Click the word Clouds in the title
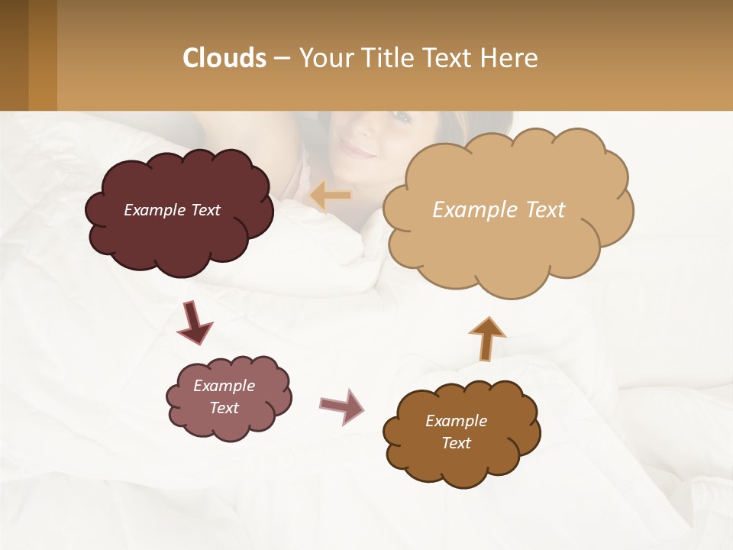(224, 58)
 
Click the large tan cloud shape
(504, 244)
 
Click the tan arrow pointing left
(331, 196)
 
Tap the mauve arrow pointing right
(342, 406)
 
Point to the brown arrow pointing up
(486, 338)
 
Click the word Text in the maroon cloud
(204, 210)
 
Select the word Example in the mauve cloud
(224, 386)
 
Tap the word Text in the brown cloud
(456, 443)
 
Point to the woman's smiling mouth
(359, 150)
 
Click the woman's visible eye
(400, 117)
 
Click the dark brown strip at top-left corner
(14, 55)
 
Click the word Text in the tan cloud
(545, 210)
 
